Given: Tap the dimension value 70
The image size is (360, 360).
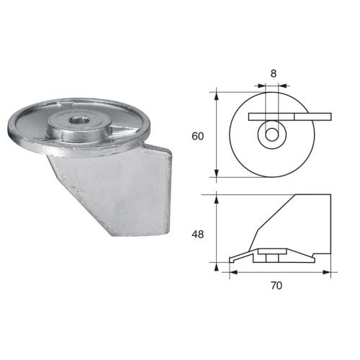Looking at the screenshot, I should [277, 285].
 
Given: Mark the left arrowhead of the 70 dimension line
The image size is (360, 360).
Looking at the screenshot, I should [232, 272].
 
